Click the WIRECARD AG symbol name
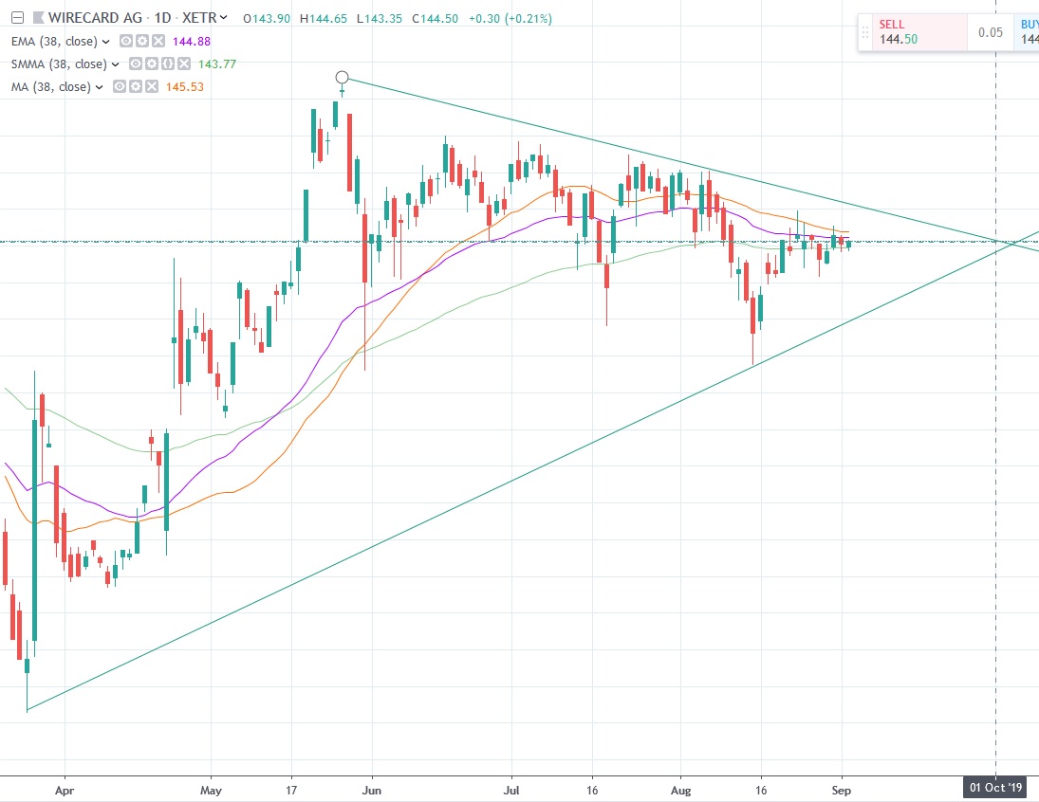87,18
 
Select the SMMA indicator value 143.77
213,64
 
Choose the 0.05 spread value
991,32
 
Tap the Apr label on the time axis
65,788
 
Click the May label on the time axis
212,788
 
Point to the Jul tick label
511,788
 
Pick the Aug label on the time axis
680,788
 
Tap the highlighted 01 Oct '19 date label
995,788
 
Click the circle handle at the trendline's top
343,77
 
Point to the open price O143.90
268,18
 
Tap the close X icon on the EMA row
158,41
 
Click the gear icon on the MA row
135,86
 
